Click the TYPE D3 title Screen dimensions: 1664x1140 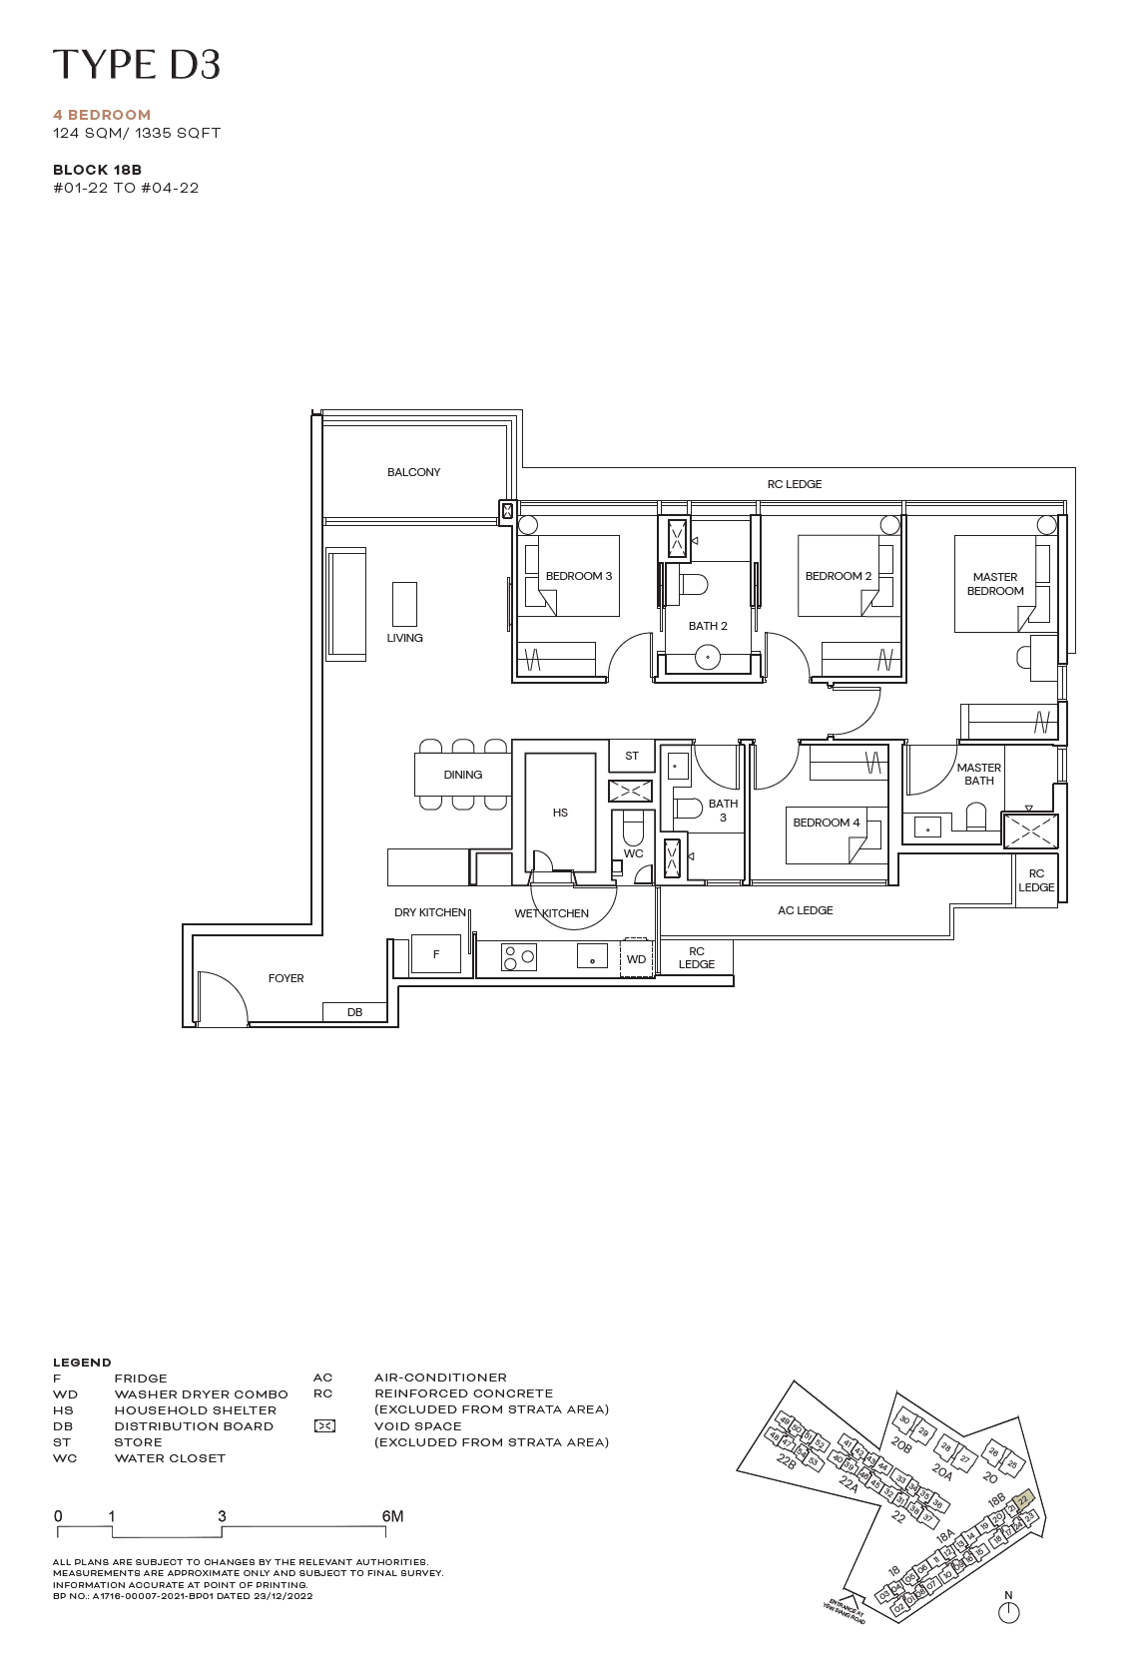136,65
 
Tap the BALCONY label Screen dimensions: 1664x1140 413,472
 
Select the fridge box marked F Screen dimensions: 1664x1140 436,954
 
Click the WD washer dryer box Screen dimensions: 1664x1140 636,958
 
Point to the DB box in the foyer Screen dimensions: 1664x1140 354,1012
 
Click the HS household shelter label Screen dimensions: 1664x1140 560,813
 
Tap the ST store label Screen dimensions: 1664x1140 632,756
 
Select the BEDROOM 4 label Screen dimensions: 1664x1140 827,823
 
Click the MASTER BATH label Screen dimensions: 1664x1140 978,775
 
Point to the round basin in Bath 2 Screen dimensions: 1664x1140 708,657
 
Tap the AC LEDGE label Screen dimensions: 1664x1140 806,910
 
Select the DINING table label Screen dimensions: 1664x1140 463,775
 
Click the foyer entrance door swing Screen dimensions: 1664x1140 222,998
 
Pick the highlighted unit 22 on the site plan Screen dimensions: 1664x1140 1022,1499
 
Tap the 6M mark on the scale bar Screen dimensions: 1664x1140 392,1516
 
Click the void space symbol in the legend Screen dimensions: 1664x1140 324,1426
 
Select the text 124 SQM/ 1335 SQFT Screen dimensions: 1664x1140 137,133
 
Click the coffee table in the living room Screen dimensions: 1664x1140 404,604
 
